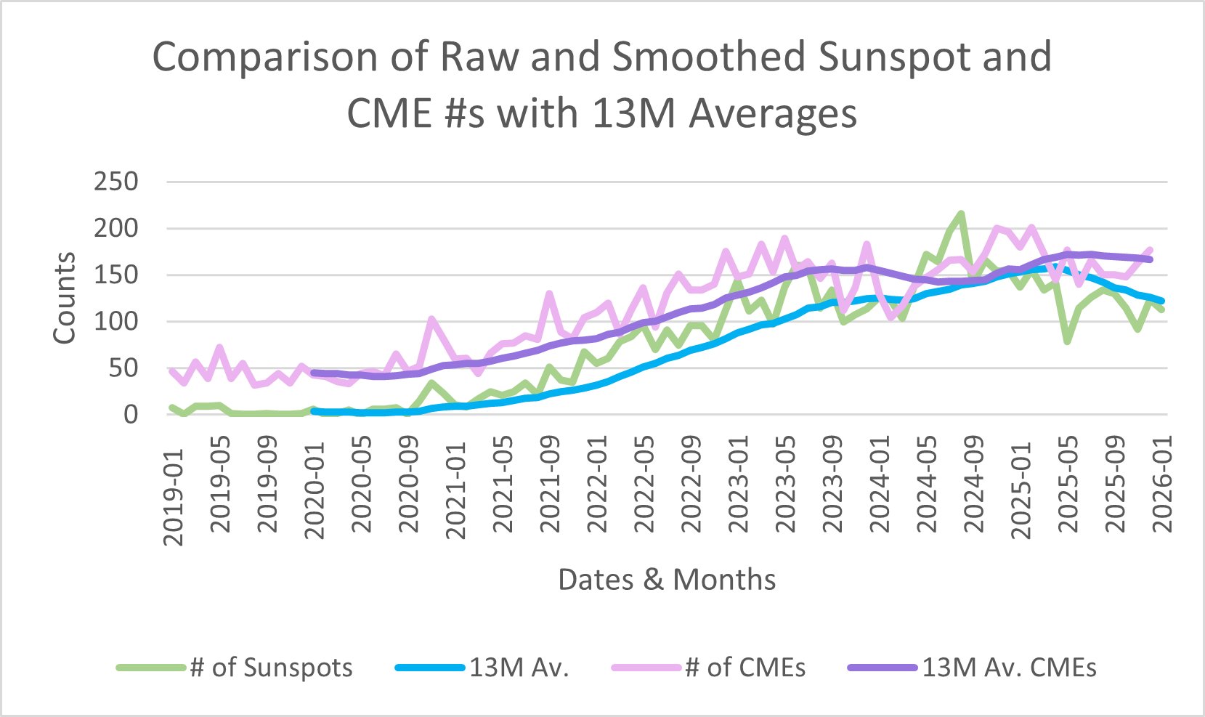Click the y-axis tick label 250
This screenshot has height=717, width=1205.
point(115,182)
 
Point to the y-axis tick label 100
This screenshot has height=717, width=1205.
point(115,321)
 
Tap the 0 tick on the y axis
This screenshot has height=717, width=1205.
point(131,414)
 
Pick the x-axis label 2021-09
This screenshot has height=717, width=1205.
point(551,485)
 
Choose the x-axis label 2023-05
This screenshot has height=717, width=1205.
point(786,485)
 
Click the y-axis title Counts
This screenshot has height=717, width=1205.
point(65,298)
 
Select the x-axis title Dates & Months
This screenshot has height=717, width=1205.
point(666,580)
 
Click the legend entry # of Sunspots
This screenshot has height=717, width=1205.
point(271,668)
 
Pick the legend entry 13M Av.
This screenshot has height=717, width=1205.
point(519,668)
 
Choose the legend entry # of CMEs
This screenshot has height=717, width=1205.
point(745,668)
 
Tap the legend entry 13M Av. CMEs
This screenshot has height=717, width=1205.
point(1009,668)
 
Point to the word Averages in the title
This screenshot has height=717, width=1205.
point(773,114)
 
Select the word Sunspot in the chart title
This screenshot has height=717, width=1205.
point(896,57)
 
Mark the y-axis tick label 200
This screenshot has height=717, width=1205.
point(115,228)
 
